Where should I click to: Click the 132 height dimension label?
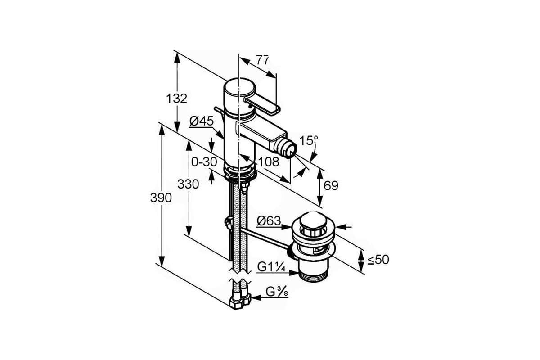tap(177, 99)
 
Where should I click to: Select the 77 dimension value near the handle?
tap(262, 60)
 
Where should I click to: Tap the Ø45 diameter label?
tap(202, 121)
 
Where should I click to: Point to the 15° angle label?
tap(309, 140)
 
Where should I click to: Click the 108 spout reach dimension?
tap(269, 162)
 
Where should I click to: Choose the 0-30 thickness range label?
tap(204, 162)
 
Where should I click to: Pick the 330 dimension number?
tap(188, 184)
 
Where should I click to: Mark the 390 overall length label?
tap(161, 198)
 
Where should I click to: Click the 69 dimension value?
tap(331, 186)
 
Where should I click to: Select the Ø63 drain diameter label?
tap(269, 221)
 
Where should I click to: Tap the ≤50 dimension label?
tap(378, 260)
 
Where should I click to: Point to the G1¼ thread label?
tap(271, 267)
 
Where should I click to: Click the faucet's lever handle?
tap(261, 105)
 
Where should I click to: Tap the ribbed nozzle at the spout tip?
tap(287, 148)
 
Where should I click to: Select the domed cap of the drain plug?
tap(313, 220)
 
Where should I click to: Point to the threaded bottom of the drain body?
tap(313, 277)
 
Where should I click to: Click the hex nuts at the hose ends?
tap(239, 301)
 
